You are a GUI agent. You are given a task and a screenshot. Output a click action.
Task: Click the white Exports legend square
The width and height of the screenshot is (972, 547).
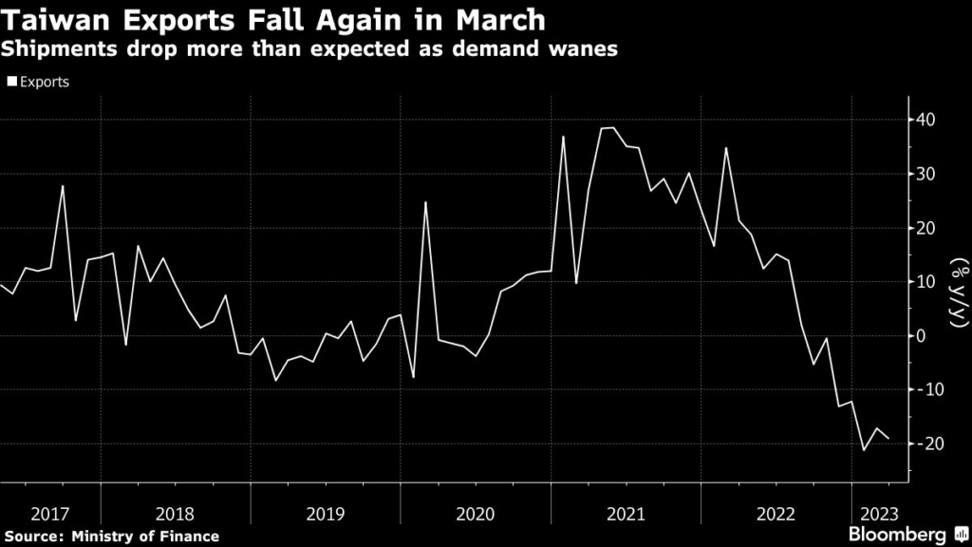pos(11,83)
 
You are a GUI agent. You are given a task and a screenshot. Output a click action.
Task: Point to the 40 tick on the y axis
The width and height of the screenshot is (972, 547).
pos(926,121)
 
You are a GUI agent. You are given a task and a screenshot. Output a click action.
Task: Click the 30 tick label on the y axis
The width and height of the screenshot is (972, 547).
pos(926,175)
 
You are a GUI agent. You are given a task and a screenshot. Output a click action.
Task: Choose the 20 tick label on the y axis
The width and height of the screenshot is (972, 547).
pos(926,229)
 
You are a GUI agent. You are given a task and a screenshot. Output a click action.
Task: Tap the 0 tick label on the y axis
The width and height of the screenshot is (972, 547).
pos(921,336)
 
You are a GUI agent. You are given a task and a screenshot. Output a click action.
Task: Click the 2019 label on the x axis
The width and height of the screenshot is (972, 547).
pos(325,514)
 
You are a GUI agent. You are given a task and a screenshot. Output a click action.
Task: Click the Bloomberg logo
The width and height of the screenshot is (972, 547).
pos(904,535)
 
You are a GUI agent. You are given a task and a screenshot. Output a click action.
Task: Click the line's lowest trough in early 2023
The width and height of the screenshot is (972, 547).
pos(864,450)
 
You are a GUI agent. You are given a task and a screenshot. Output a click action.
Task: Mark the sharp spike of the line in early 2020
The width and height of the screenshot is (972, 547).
pos(425,202)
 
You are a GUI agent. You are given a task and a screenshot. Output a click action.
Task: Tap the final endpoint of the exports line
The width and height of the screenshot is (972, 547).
pos(889,438)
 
